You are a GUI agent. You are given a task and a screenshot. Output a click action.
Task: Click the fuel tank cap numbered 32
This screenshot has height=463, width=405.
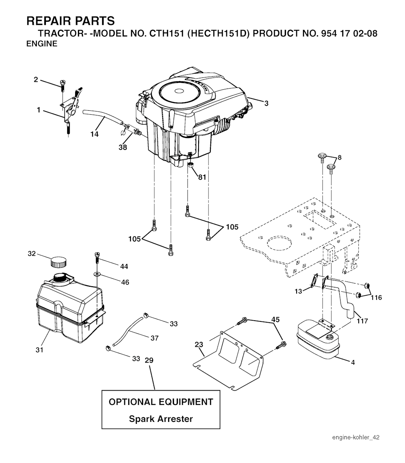click(58, 262)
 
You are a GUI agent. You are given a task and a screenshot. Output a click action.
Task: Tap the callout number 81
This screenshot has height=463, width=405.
click(202, 177)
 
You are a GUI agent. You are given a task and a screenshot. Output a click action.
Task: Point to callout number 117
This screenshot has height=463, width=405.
click(362, 321)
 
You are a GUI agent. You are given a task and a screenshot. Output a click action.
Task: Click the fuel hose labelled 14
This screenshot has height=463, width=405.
click(102, 117)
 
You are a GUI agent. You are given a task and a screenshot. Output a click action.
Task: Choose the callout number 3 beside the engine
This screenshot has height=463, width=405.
click(266, 103)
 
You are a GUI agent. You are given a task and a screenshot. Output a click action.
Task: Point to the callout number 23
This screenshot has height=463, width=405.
click(199, 344)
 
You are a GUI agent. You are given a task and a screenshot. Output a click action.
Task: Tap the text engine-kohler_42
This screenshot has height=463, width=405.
click(356, 437)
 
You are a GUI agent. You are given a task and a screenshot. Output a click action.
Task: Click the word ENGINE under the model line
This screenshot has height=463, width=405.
click(42, 43)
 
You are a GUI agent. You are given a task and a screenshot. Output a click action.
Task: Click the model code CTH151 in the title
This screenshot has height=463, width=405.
click(167, 33)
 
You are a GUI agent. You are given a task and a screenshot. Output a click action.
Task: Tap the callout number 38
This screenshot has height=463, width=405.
click(123, 147)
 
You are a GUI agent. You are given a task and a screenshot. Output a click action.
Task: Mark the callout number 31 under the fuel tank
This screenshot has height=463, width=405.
click(39, 350)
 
